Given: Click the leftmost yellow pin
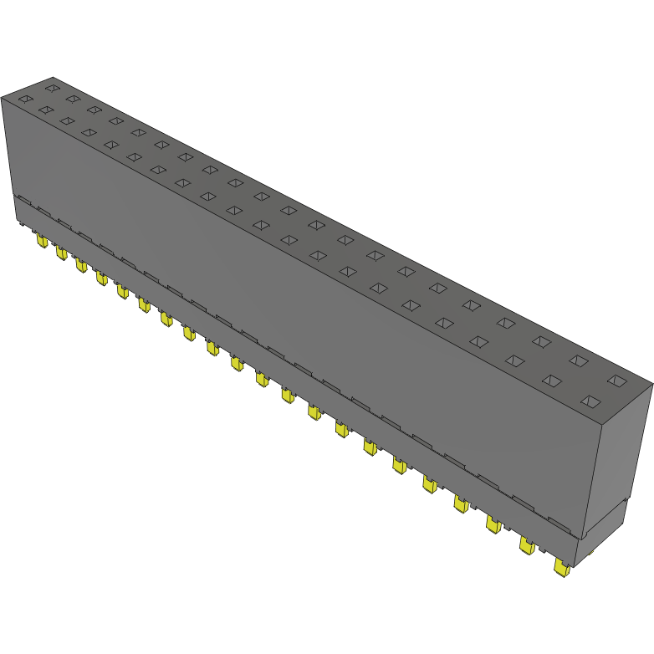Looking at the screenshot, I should (x=41, y=241).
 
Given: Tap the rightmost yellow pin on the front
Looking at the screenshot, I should (x=561, y=568).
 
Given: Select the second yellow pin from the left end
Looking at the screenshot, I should (x=61, y=253).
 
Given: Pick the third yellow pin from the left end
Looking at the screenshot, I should (x=81, y=265).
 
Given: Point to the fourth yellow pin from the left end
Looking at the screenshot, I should (x=101, y=278).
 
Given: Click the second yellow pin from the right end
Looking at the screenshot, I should (x=527, y=545).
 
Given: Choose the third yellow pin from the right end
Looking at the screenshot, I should (x=493, y=524).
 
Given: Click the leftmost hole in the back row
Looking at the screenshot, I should (x=52, y=87).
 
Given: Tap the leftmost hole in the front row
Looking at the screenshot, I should (x=25, y=100).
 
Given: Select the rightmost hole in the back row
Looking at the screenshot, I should (x=617, y=381).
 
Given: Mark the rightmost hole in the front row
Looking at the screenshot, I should (x=590, y=401).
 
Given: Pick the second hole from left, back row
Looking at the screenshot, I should (x=73, y=99).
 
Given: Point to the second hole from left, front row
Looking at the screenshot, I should (x=45, y=110).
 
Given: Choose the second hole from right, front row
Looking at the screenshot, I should (x=551, y=381).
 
